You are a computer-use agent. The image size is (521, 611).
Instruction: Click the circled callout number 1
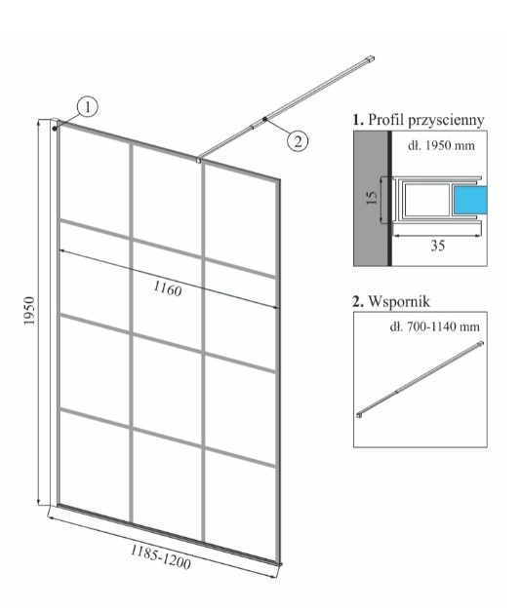point(88,106)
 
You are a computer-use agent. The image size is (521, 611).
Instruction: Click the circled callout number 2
point(298,140)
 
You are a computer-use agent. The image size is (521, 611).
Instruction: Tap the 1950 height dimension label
point(29,311)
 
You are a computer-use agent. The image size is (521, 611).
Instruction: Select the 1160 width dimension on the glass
point(168,288)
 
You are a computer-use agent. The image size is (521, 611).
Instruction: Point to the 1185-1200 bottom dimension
point(160,556)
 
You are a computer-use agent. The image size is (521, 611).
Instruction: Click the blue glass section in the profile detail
point(469,200)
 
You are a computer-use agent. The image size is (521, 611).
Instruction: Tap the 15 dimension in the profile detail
point(372,198)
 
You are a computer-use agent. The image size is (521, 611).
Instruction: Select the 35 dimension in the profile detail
point(437,246)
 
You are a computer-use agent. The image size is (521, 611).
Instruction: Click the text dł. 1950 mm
point(441,146)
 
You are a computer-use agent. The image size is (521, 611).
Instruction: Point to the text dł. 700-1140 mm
point(434,326)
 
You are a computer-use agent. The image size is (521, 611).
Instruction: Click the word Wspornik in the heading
point(399,301)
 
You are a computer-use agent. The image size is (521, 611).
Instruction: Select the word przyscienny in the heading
point(446,120)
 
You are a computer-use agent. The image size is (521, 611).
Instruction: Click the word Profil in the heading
point(385,119)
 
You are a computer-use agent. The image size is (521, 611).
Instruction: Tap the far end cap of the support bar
point(370,58)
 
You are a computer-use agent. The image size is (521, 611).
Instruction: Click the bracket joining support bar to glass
point(199,160)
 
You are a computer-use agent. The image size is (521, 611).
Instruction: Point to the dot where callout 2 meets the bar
point(264,119)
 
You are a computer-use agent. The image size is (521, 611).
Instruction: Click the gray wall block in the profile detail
point(371,199)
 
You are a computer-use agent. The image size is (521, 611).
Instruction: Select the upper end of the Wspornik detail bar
point(481,343)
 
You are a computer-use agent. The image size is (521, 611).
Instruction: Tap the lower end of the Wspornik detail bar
point(360,415)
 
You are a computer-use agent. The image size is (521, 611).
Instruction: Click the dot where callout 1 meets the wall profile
point(55,128)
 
